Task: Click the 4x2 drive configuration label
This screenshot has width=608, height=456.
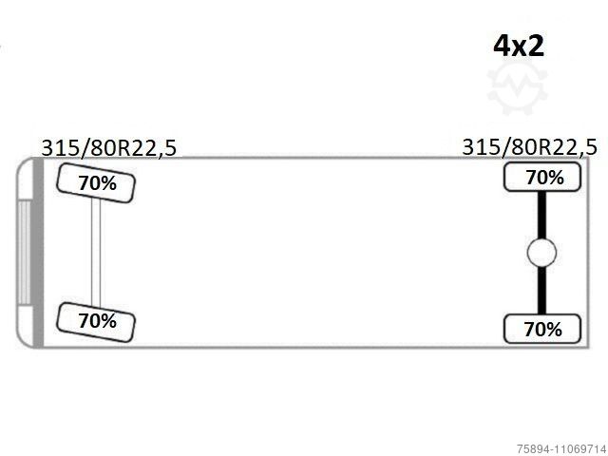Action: click(519, 46)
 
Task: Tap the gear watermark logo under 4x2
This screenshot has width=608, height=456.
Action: click(518, 86)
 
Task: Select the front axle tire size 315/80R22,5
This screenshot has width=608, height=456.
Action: click(109, 148)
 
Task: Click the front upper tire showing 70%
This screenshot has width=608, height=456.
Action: click(96, 183)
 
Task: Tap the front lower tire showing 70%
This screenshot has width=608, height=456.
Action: click(96, 322)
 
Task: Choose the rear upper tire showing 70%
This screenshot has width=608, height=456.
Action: click(542, 178)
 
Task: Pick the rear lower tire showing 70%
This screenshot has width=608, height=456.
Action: click(542, 329)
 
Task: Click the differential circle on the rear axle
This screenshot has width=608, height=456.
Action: click(541, 253)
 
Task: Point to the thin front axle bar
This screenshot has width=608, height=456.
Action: click(96, 253)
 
